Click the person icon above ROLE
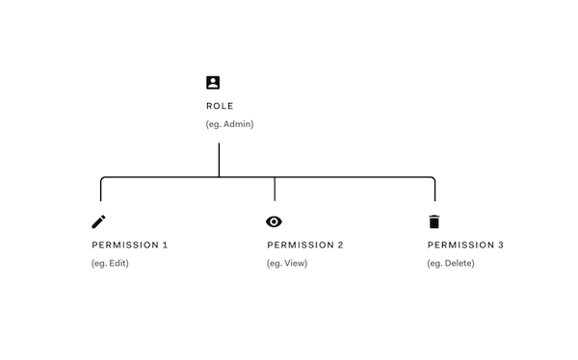213,83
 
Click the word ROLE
220,106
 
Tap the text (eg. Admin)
229,124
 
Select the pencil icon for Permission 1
98,221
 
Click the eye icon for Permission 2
275,221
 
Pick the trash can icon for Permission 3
433,221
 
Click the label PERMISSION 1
129,245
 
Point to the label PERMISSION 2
305,245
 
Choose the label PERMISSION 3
465,245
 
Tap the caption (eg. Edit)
110,264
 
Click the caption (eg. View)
287,264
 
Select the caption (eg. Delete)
451,264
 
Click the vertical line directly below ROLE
219,159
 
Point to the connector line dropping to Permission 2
275,189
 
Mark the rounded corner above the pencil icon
102,179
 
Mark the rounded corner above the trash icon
433,179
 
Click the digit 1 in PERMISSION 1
165,245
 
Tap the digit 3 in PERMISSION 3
500,245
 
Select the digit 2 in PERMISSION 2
340,245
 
